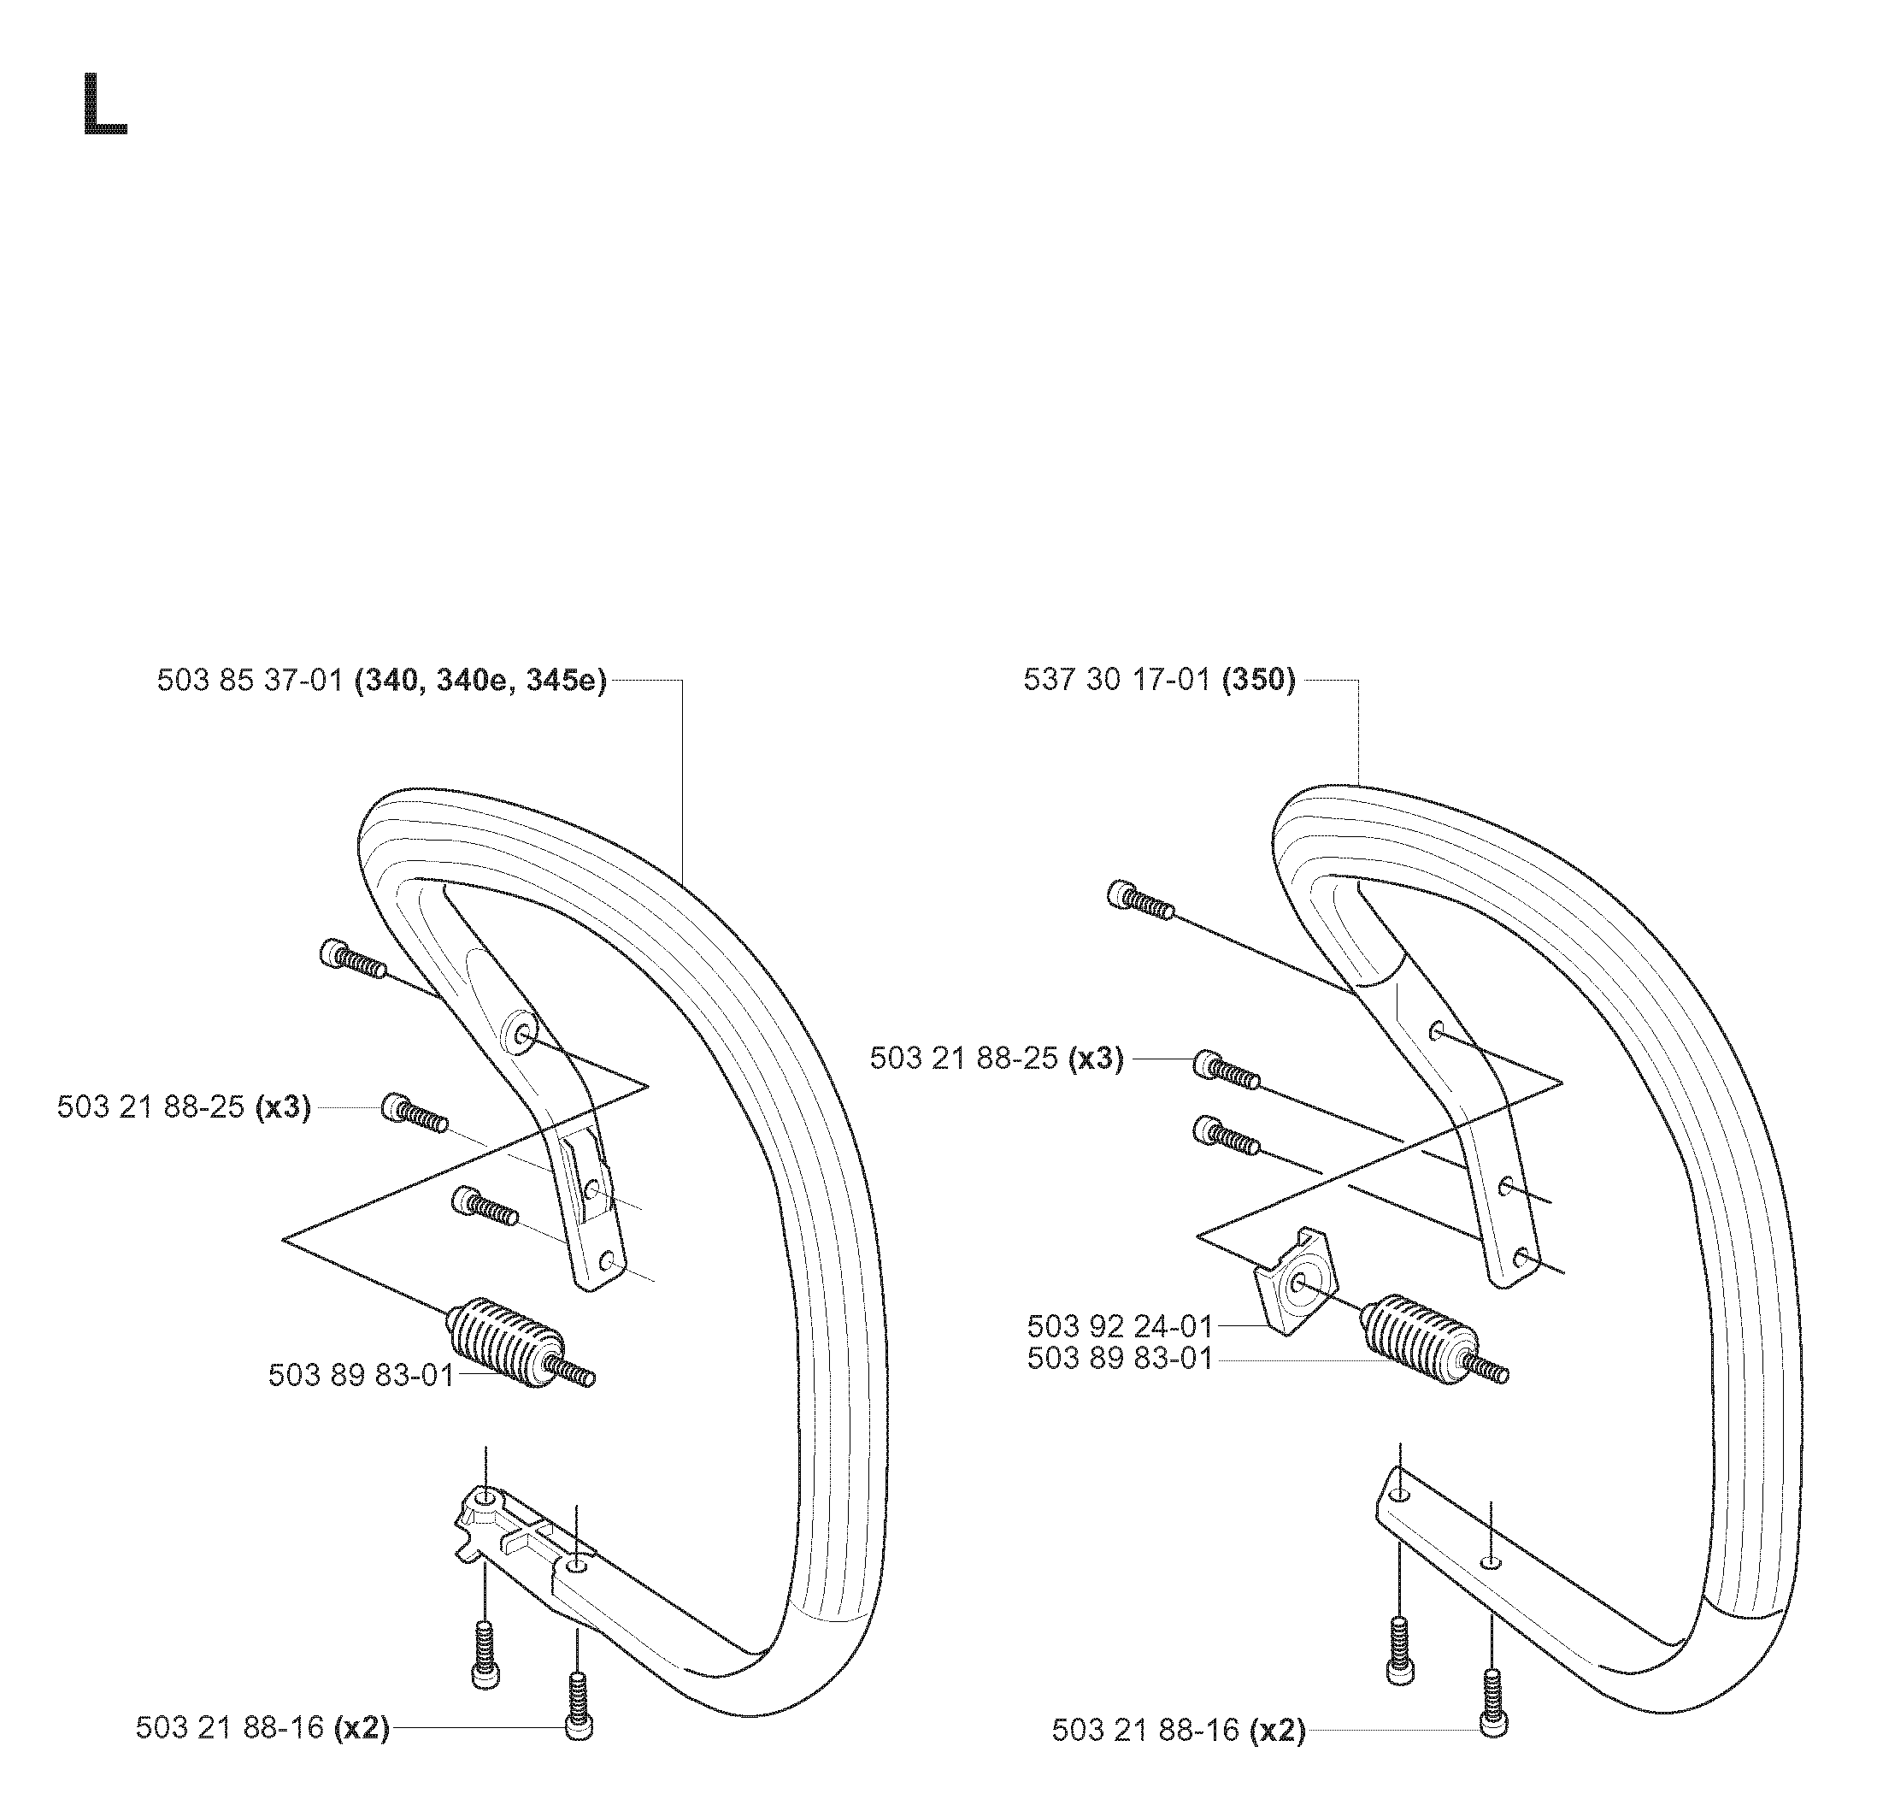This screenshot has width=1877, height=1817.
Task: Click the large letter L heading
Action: (x=105, y=104)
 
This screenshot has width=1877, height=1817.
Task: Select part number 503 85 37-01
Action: (x=250, y=681)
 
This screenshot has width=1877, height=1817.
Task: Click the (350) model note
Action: (x=1258, y=681)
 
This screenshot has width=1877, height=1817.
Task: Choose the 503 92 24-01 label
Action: (x=1120, y=1325)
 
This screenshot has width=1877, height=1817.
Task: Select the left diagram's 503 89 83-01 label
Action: (x=361, y=1374)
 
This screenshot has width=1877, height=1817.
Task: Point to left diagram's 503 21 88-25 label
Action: (x=184, y=1106)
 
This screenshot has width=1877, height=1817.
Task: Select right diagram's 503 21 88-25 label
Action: (x=996, y=1059)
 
